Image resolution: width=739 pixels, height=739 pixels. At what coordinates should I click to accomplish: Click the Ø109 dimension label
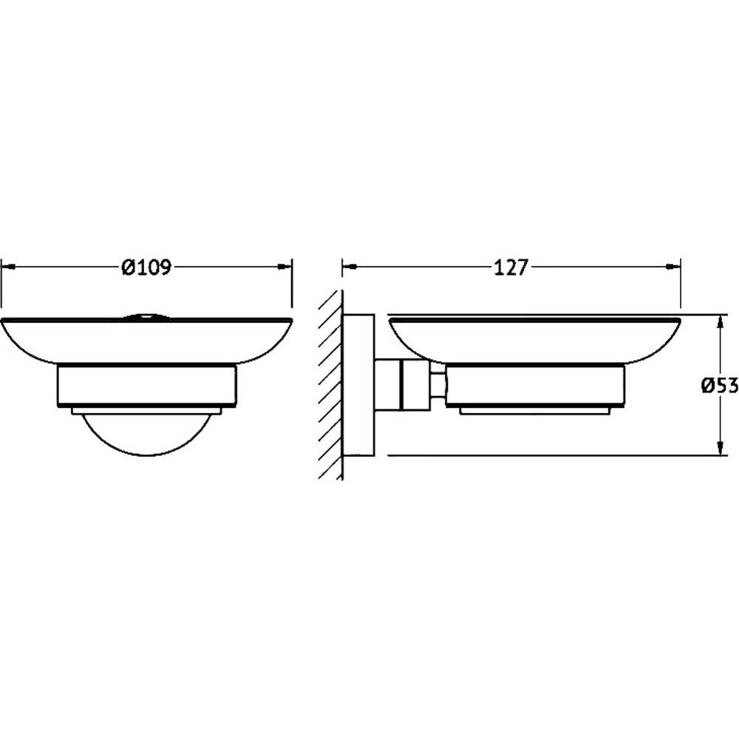(146, 268)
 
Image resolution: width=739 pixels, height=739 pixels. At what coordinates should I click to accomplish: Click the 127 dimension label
(511, 268)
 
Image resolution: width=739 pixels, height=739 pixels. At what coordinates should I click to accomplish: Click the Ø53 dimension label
(720, 386)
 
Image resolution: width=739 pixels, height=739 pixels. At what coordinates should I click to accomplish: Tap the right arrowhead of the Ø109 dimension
(285, 267)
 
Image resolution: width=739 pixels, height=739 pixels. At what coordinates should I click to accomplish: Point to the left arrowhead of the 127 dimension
(350, 267)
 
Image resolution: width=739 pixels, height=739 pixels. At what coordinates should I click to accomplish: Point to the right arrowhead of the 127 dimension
(672, 267)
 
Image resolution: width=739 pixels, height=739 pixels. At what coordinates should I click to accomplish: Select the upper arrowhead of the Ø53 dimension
(720, 322)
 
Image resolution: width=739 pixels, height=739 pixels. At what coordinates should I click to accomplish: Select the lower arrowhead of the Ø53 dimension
(720, 448)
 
